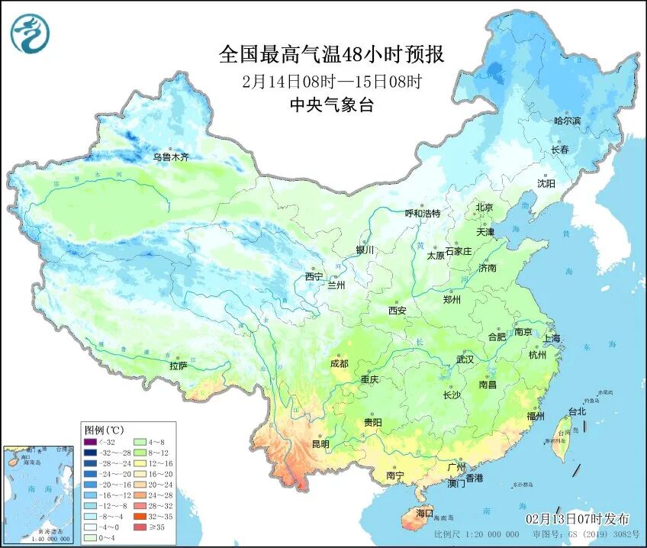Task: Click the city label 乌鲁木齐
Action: click(x=170, y=157)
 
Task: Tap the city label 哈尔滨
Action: click(x=567, y=121)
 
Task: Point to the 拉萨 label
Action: click(x=178, y=366)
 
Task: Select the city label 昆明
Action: click(x=320, y=443)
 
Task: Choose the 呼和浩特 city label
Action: click(x=422, y=214)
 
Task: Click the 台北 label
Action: click(x=577, y=411)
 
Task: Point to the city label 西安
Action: click(x=397, y=311)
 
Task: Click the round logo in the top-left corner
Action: click(x=29, y=34)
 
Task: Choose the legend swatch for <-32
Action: click(x=90, y=441)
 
